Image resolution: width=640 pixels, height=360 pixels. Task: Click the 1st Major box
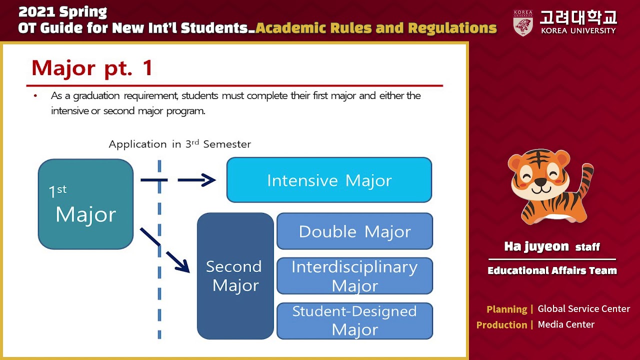click(85, 204)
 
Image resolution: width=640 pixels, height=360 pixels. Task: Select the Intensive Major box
click(329, 180)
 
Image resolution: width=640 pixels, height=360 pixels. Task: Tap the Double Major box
click(354, 231)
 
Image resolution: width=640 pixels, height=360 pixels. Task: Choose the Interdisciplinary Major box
click(354, 275)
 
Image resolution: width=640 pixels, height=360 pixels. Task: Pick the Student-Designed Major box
click(354, 320)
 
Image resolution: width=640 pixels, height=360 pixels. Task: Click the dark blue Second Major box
click(235, 276)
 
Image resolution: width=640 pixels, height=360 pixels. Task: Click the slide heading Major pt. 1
click(92, 68)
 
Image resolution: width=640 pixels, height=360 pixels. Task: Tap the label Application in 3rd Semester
click(179, 144)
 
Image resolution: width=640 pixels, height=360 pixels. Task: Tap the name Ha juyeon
click(536, 246)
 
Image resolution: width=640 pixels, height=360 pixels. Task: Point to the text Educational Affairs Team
click(552, 270)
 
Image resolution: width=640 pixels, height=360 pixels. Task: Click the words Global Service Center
click(583, 309)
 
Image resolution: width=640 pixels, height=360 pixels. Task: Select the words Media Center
click(566, 324)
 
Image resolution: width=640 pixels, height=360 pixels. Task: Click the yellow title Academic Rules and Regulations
click(376, 28)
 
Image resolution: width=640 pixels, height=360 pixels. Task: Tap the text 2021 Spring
click(62, 12)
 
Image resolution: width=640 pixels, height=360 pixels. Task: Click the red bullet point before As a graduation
click(35, 95)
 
